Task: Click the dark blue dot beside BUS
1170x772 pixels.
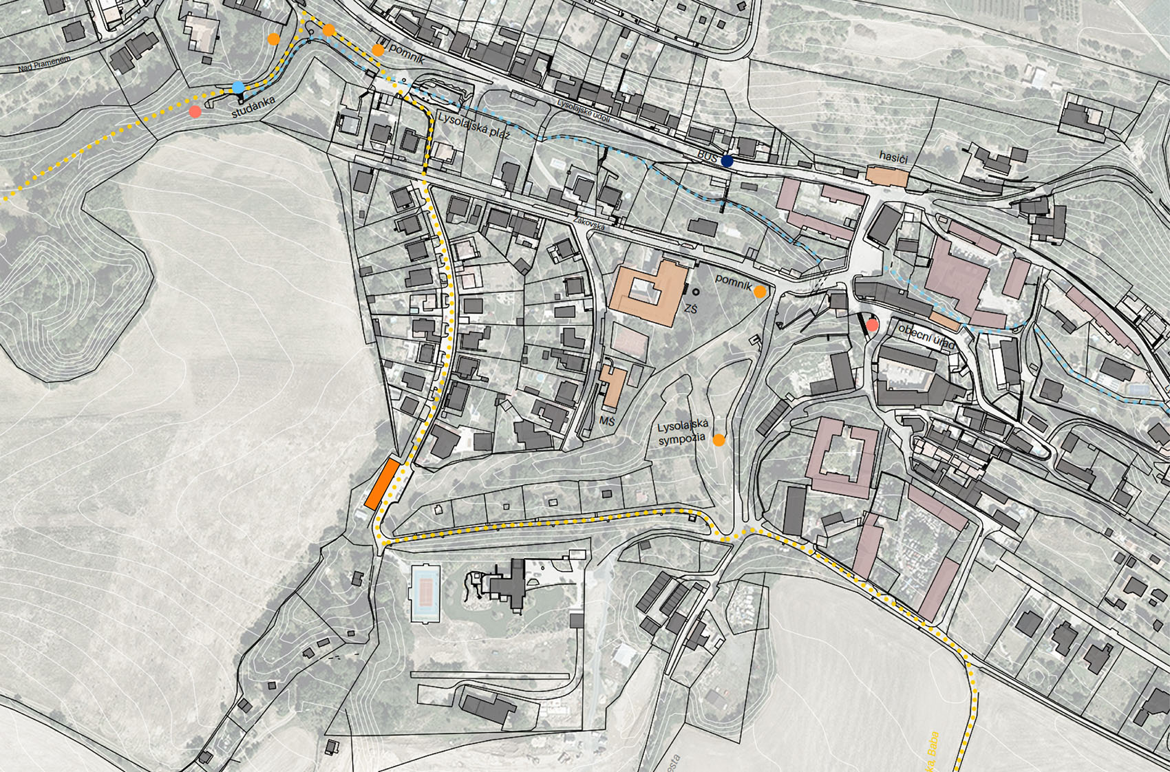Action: (x=727, y=161)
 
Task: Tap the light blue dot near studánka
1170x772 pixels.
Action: (x=238, y=87)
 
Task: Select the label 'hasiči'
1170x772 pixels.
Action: (x=893, y=158)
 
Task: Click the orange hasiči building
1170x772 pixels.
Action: (x=887, y=175)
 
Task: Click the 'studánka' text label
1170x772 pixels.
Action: (x=253, y=107)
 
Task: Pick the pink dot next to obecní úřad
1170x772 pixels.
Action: (x=872, y=325)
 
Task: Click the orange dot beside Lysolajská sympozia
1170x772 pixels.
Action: (x=719, y=440)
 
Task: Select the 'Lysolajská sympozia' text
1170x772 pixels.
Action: (x=682, y=433)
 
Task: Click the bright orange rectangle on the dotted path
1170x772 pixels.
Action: (x=382, y=484)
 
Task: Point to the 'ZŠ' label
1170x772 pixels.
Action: (x=690, y=310)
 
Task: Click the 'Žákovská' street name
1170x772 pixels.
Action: (x=588, y=224)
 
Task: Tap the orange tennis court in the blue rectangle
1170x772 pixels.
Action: (x=425, y=591)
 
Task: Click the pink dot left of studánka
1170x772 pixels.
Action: (x=195, y=111)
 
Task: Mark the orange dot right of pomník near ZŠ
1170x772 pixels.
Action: (x=759, y=292)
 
